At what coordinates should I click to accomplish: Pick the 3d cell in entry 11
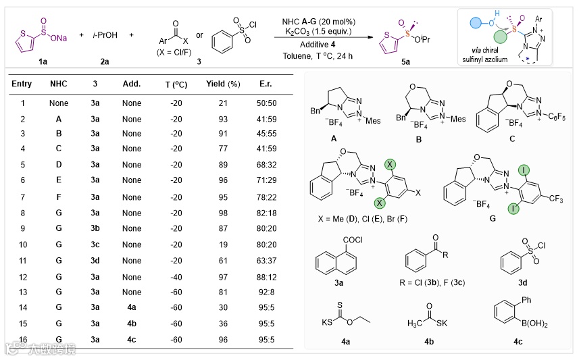[x=95, y=261]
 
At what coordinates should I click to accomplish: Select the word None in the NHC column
[x=59, y=103]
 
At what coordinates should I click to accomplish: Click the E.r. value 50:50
[x=265, y=103]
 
